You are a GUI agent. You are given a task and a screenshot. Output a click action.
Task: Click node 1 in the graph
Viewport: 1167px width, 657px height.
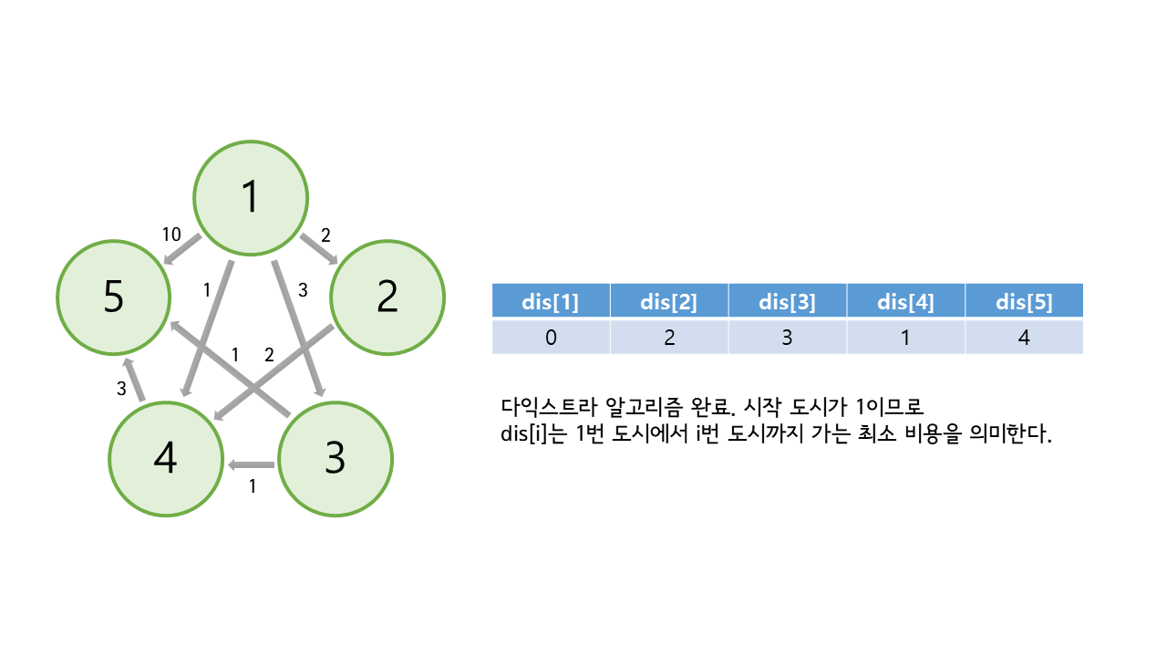point(250,197)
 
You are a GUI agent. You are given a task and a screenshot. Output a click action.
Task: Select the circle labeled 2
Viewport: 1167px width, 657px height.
point(387,297)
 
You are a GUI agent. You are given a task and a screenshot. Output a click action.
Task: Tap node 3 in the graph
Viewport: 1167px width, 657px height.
point(335,459)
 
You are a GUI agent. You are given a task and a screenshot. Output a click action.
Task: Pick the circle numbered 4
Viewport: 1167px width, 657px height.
point(165,459)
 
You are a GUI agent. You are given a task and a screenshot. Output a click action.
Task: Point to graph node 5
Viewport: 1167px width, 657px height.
point(113,297)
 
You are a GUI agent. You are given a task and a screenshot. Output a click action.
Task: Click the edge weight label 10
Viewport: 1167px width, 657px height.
point(171,235)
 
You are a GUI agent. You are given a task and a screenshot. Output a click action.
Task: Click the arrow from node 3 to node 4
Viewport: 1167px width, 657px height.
point(253,465)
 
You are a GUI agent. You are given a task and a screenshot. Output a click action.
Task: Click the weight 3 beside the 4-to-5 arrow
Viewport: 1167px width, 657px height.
point(121,389)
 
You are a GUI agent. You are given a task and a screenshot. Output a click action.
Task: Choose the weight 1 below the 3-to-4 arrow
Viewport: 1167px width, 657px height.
point(253,486)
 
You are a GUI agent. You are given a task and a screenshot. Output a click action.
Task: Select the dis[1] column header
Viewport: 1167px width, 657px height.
point(551,301)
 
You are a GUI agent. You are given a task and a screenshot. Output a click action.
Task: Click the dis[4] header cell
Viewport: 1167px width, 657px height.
point(905,301)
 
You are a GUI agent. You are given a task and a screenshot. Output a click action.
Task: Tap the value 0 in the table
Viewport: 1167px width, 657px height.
point(551,337)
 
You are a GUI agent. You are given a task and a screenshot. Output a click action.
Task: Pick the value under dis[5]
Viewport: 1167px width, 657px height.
point(1024,337)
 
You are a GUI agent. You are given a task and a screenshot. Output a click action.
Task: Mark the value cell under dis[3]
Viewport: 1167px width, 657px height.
point(787,337)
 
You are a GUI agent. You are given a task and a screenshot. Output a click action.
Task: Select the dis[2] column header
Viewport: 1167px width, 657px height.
point(669,301)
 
